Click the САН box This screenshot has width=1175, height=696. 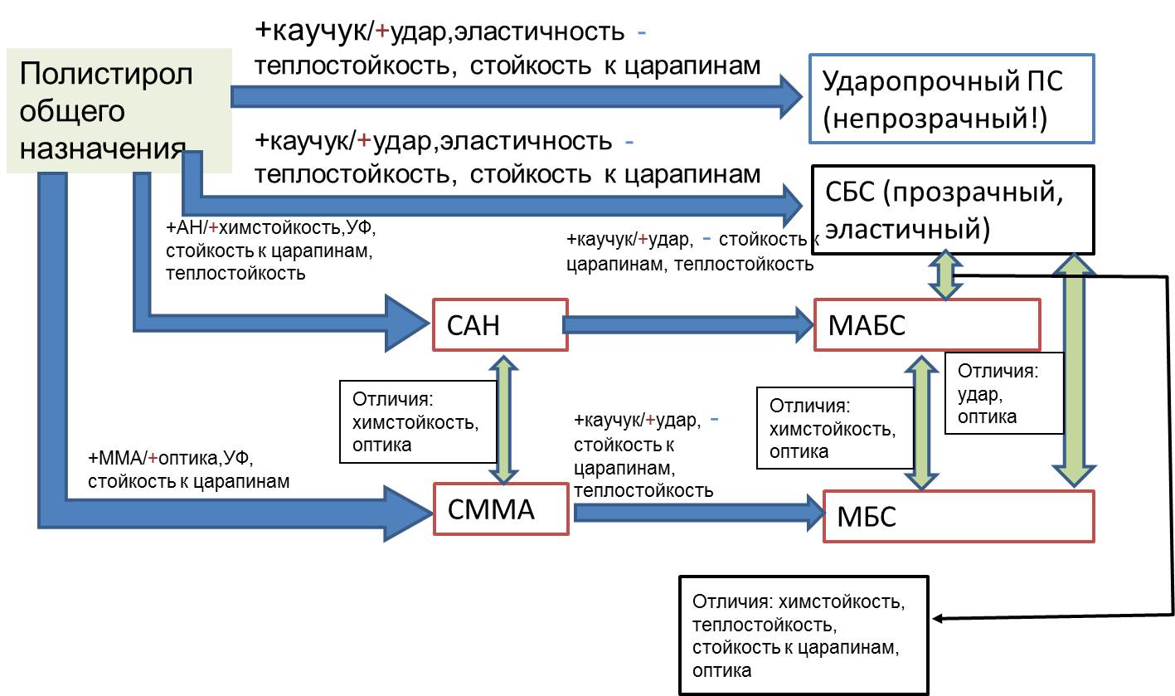498,324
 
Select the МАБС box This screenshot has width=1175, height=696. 927,324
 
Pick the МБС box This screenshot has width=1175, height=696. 958,516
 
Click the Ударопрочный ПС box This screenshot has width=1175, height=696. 950,98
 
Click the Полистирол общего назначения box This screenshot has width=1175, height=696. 119,110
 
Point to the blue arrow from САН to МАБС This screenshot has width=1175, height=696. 688,324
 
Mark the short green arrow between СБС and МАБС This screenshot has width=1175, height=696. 944,275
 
